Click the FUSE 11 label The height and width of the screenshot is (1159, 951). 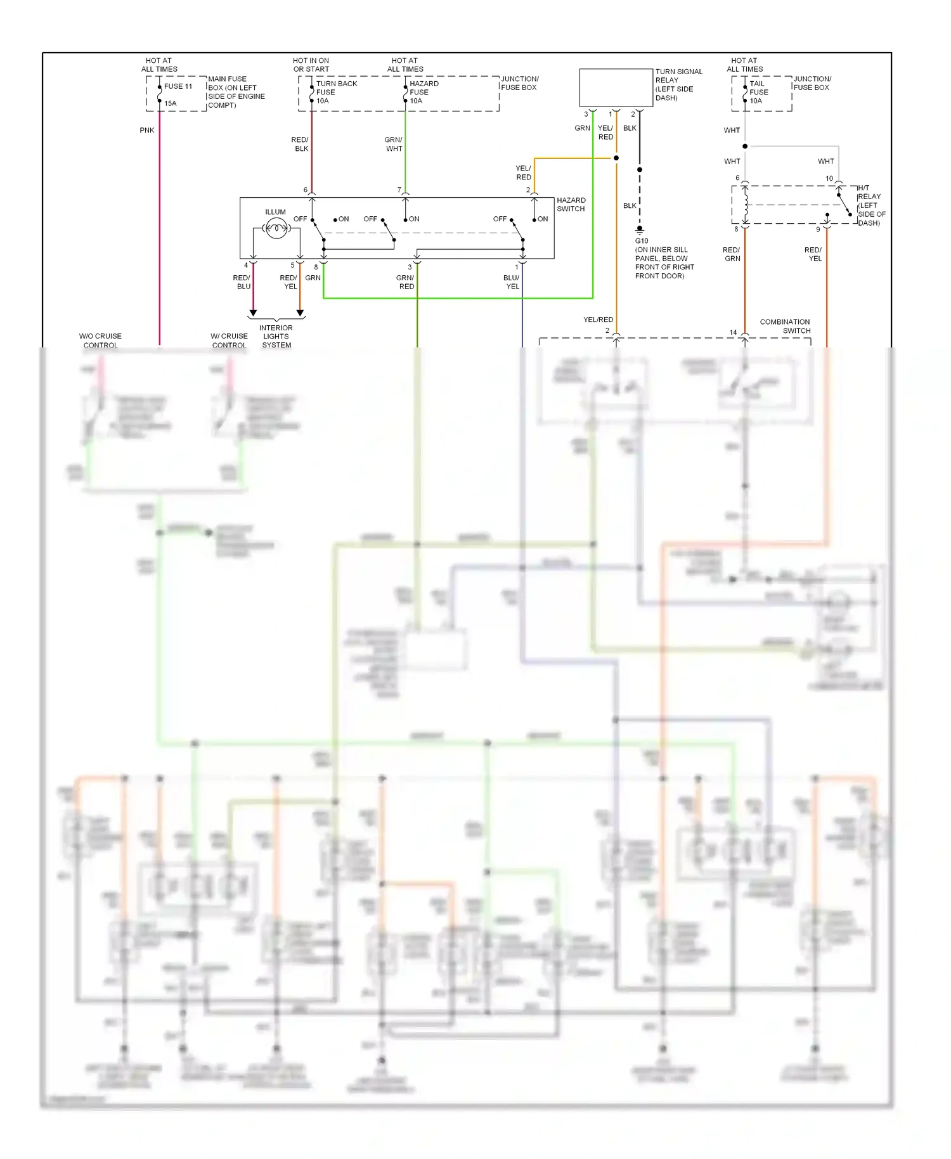pos(178,86)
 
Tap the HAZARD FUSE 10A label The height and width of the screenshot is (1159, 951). pos(424,92)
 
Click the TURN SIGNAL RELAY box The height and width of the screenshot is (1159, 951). pos(616,87)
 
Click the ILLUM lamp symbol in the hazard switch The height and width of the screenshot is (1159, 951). pos(276,228)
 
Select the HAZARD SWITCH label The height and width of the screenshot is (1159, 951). pos(571,204)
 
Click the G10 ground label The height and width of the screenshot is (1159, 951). pos(642,241)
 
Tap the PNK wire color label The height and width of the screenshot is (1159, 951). pos(147,130)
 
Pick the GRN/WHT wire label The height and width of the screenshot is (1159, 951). pos(393,144)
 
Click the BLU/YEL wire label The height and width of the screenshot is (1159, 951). pos(512,282)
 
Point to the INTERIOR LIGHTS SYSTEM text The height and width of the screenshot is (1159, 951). pos(276,337)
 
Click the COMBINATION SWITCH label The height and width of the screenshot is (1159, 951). pos(785,326)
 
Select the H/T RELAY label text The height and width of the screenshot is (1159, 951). pos(870,205)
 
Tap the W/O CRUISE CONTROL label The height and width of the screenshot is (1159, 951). pos(100,340)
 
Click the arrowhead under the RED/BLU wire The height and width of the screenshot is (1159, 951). pos(253,313)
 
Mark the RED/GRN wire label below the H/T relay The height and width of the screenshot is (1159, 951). pos(732,254)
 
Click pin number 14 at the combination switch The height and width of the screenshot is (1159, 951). pos(733,332)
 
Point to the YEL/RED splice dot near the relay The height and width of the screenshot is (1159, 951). pos(616,158)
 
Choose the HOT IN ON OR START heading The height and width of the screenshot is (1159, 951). pos(311,65)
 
